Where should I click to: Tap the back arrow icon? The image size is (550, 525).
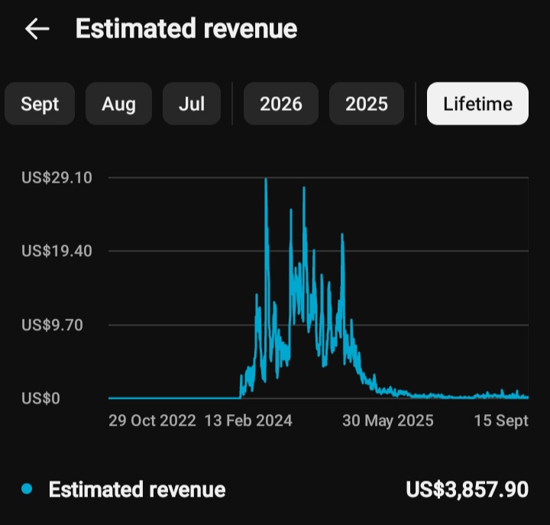tap(37, 29)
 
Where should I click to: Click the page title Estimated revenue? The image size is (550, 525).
tap(186, 28)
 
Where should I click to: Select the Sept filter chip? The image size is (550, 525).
tap(40, 103)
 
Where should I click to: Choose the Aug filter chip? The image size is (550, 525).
tap(118, 103)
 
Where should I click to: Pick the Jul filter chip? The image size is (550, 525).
tap(192, 103)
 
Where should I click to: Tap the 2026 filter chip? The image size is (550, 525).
tap(281, 103)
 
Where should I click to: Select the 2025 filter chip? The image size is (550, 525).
tap(367, 103)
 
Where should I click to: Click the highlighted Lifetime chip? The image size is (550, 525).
tap(477, 103)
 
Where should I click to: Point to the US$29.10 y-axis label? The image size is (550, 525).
tap(57, 177)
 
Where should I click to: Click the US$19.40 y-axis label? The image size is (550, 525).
tap(57, 251)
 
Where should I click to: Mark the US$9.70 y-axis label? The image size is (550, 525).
tap(52, 325)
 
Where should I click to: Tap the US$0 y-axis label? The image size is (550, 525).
tap(40, 398)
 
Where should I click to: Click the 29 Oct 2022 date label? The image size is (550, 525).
tap(152, 420)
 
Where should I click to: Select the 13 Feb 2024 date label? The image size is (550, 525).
tap(248, 420)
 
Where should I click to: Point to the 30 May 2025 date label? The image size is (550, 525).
tap(388, 420)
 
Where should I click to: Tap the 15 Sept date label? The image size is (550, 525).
tap(501, 420)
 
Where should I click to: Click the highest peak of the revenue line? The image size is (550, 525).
tap(266, 179)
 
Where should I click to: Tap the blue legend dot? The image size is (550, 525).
tap(27, 488)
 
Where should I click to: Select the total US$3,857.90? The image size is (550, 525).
tap(467, 489)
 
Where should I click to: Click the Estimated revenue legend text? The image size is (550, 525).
tap(137, 489)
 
